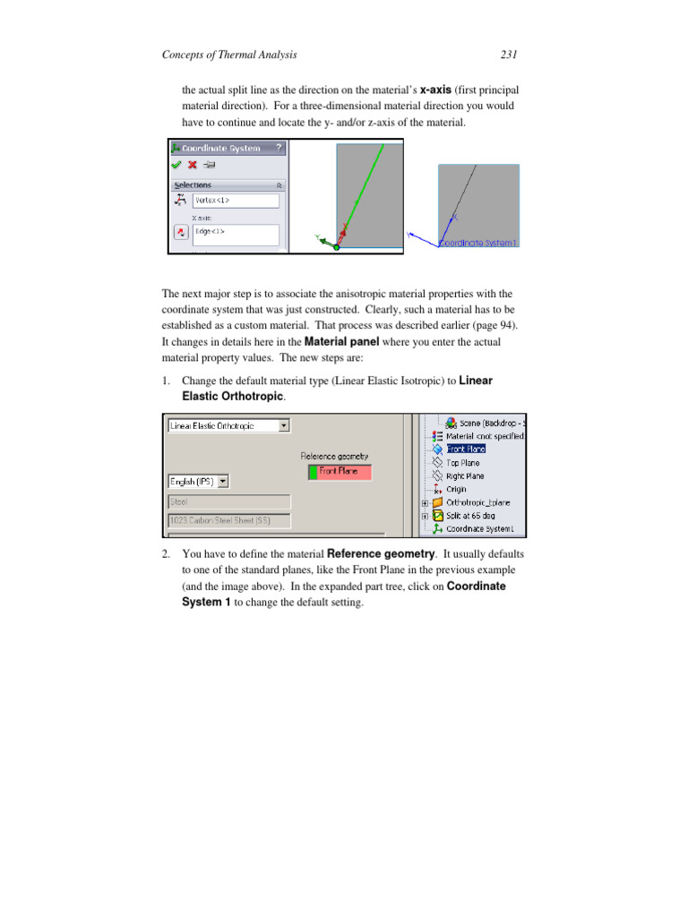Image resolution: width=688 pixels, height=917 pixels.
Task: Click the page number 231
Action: click(508, 56)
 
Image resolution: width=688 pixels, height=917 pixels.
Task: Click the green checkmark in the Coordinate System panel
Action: click(176, 165)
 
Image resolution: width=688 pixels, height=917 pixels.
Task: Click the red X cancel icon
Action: click(192, 165)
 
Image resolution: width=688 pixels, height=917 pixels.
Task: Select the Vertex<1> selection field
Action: click(235, 201)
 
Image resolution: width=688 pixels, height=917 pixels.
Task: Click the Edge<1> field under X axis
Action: click(235, 236)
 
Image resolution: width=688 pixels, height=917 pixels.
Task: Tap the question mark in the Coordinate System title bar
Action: click(279, 148)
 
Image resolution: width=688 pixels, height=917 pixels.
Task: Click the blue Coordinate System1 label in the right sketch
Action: click(480, 243)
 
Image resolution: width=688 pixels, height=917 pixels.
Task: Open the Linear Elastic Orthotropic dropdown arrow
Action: click(284, 426)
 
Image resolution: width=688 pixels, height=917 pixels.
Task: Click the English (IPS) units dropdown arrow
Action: click(223, 482)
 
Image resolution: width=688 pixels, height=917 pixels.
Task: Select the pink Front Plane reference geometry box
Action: click(339, 471)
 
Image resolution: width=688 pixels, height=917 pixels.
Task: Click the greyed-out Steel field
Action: click(228, 502)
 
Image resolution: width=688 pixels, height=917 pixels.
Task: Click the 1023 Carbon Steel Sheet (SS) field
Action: click(228, 519)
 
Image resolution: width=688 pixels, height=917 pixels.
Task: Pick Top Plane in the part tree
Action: click(462, 463)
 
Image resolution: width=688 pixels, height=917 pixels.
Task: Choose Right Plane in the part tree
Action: click(465, 476)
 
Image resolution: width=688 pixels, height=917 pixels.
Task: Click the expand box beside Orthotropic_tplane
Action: click(424, 503)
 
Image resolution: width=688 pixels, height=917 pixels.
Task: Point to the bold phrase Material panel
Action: click(340, 341)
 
